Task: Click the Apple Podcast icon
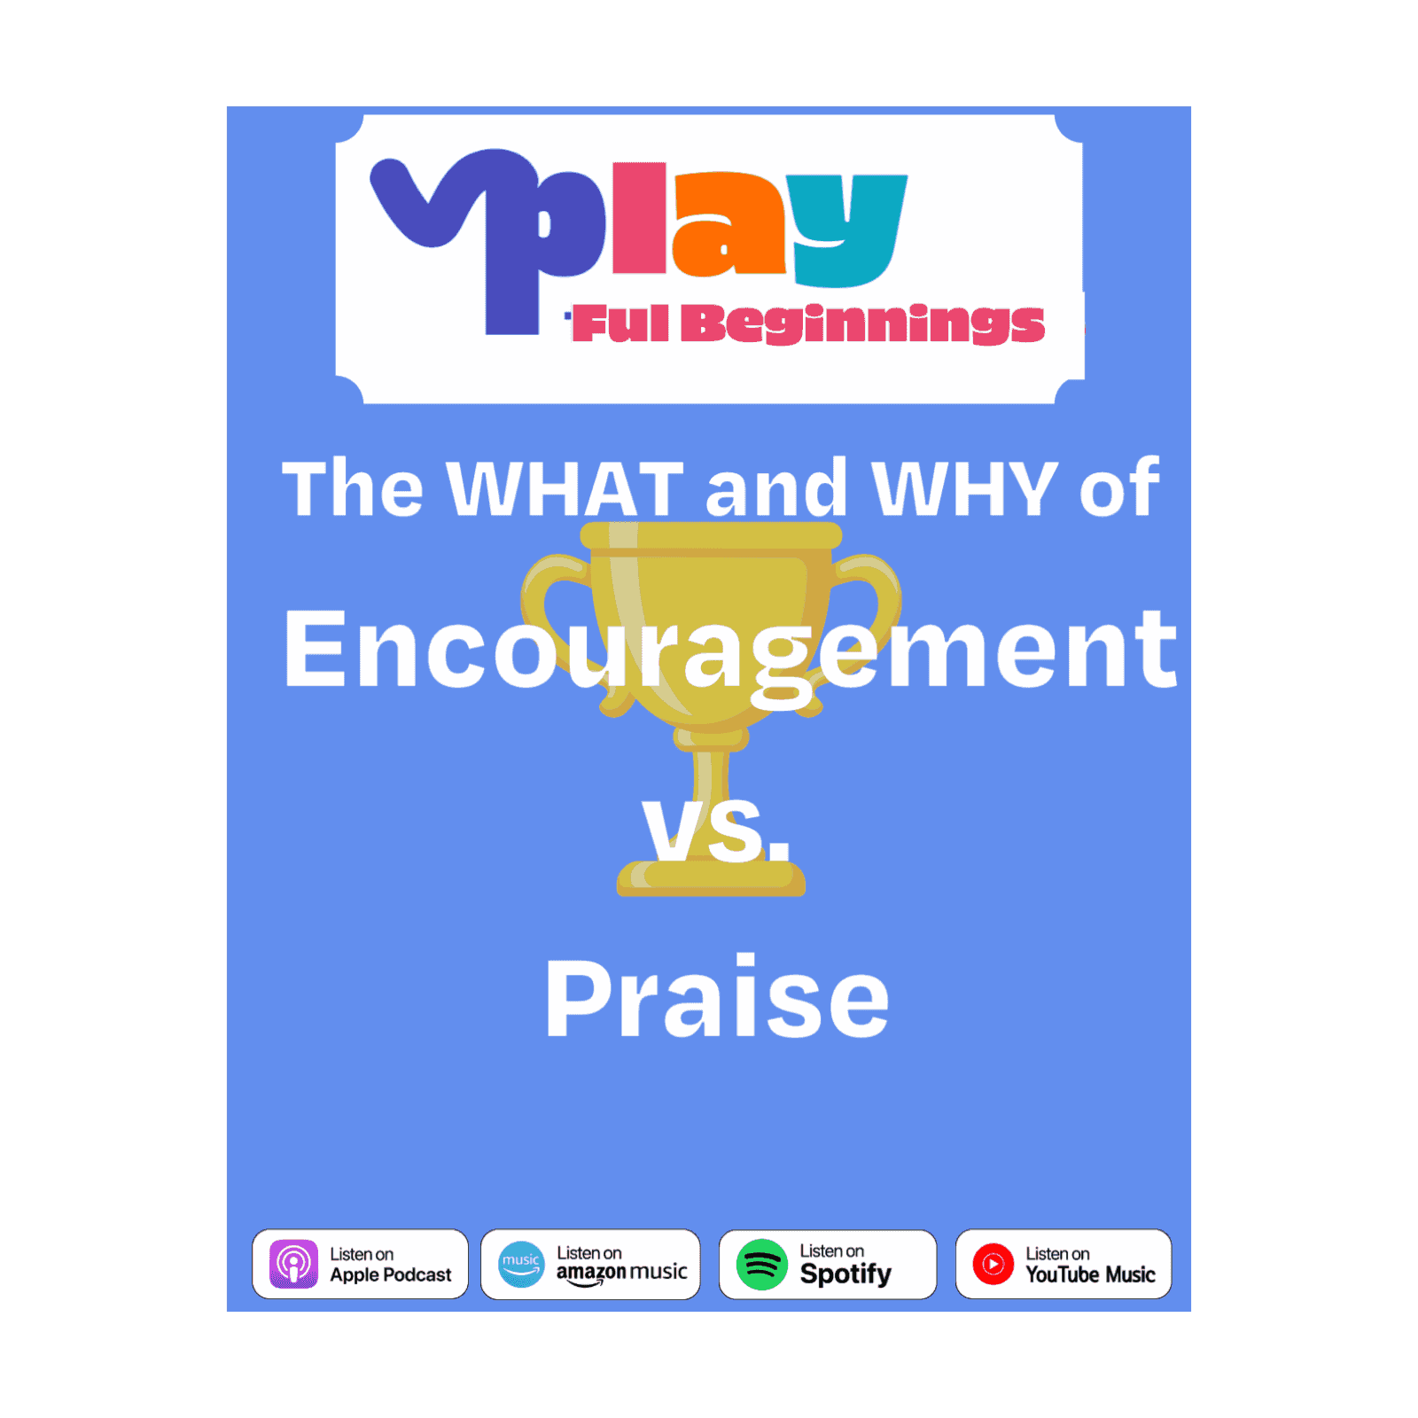click(293, 1263)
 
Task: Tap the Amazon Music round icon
click(521, 1264)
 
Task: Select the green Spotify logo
click(761, 1264)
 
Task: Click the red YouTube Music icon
click(993, 1264)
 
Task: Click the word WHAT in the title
click(565, 487)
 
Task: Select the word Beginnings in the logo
click(863, 324)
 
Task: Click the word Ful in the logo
click(620, 323)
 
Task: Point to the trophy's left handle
click(557, 620)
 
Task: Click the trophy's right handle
click(864, 612)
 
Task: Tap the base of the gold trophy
click(711, 877)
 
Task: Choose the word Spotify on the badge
click(845, 1274)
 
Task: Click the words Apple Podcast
click(391, 1275)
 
